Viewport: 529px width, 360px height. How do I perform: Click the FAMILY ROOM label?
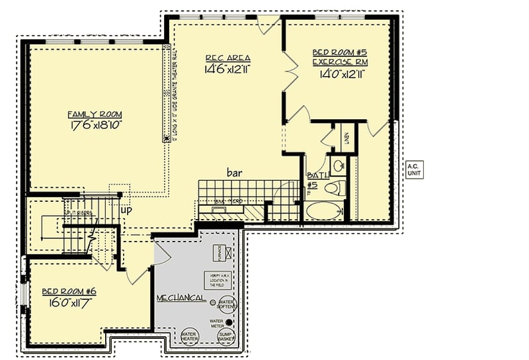click(95, 114)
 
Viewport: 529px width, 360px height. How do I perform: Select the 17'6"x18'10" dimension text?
click(97, 125)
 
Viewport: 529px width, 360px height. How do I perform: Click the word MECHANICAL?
click(181, 298)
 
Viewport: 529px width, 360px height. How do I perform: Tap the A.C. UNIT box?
click(414, 169)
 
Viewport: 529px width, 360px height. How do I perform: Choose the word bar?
click(235, 173)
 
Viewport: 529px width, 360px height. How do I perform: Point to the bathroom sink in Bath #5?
click(337, 165)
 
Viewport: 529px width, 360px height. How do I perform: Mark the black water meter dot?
click(229, 322)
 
